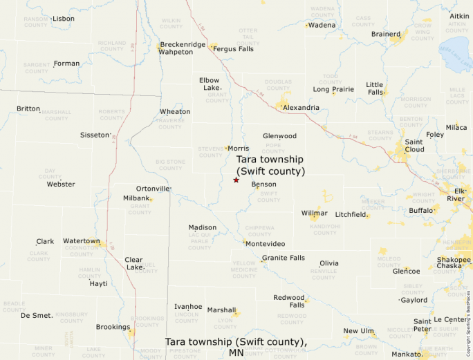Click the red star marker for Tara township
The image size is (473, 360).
click(236, 180)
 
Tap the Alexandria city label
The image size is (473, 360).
click(302, 108)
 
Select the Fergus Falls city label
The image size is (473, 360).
click(234, 49)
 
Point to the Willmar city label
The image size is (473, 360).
click(314, 214)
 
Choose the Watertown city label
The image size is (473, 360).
click(82, 241)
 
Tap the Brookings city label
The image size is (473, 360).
click(113, 327)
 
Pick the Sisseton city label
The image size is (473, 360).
click(95, 135)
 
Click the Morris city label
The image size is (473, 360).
click(239, 149)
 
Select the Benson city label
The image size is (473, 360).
click(263, 184)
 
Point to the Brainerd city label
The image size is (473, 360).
click(386, 34)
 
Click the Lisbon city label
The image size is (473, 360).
click(64, 19)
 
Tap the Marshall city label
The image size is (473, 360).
click(221, 310)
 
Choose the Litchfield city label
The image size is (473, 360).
click(351, 215)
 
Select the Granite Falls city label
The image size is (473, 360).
click(283, 258)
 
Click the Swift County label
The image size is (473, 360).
click(268, 197)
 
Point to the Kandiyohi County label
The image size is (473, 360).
click(325, 229)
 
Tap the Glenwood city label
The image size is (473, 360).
click(279, 136)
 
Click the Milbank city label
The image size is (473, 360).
click(136, 198)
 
